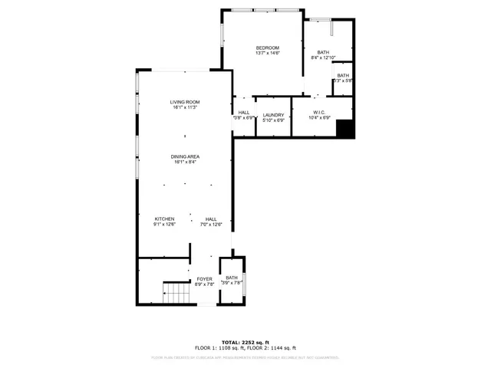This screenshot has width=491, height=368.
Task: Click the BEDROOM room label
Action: click(x=268, y=48)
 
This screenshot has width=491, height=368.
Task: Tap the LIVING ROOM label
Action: click(x=185, y=102)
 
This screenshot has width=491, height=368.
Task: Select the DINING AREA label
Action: click(x=185, y=156)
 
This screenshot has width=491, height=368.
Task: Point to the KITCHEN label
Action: click(x=165, y=219)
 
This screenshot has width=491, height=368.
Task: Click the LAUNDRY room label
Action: click(x=274, y=115)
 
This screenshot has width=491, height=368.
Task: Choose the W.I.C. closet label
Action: click(x=321, y=113)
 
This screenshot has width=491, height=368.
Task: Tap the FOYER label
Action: click(x=204, y=279)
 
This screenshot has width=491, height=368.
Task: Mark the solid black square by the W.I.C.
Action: click(x=347, y=129)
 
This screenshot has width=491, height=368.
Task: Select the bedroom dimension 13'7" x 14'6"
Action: click(x=268, y=54)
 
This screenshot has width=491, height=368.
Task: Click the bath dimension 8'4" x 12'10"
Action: click(x=324, y=58)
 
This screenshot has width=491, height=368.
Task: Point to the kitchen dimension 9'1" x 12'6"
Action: click(x=165, y=224)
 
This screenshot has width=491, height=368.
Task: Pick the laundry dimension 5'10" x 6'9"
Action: click(x=274, y=120)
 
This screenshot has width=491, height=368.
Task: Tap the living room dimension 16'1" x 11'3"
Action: click(x=185, y=107)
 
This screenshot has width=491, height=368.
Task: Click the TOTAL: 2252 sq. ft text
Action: click(x=245, y=342)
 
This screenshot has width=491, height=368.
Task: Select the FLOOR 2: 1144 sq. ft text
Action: click(x=278, y=348)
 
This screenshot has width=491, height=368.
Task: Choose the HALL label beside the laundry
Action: click(x=244, y=113)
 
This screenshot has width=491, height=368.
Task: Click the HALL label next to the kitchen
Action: click(x=211, y=219)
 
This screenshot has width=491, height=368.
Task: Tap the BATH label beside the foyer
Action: click(x=232, y=278)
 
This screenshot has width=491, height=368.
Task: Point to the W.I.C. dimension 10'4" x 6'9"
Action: click(x=321, y=118)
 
